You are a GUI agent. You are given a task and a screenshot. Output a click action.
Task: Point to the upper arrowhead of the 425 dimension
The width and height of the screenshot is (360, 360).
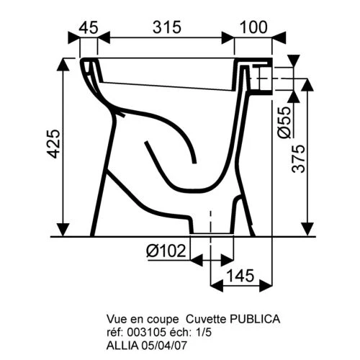click(x=66, y=65)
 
